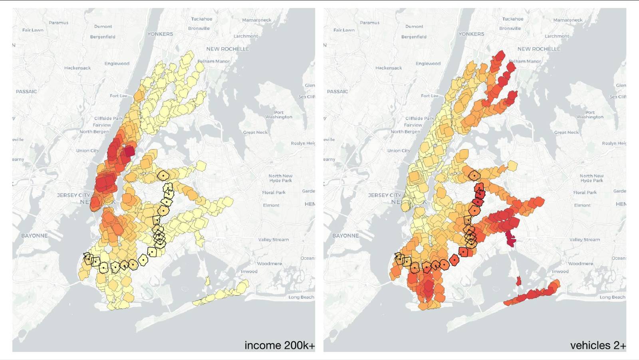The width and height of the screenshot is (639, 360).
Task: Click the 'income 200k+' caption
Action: click(x=279, y=345)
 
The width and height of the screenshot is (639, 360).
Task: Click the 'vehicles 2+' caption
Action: click(x=598, y=345)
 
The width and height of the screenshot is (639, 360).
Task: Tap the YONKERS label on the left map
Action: click(x=160, y=34)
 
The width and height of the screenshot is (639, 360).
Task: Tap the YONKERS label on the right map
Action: click(x=471, y=34)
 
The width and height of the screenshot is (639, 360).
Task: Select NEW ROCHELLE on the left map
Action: click(x=228, y=49)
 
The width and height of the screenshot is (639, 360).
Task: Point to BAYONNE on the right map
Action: click(x=345, y=236)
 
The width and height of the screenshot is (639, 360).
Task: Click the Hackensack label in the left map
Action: click(x=77, y=68)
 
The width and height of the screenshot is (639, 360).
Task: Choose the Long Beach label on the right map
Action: click(x=612, y=297)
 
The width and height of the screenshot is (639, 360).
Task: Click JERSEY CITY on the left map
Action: click(x=73, y=195)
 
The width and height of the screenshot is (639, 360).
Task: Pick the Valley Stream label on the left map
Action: click(x=273, y=240)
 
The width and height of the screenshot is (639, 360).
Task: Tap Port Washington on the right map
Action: click(x=590, y=115)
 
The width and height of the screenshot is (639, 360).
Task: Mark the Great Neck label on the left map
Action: click(x=255, y=132)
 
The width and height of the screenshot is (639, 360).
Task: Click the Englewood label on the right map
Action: click(x=428, y=64)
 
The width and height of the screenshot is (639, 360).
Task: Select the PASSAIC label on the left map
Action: click(x=26, y=91)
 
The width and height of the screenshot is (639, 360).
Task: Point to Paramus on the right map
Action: click(x=369, y=23)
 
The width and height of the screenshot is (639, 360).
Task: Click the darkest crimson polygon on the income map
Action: click(x=129, y=152)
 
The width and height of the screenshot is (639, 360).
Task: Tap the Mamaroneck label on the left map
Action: click(x=256, y=20)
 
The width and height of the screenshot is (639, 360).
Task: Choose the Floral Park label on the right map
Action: click(x=585, y=193)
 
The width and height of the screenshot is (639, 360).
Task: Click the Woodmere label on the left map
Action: click(x=269, y=264)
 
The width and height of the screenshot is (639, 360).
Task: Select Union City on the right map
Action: click(x=399, y=151)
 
